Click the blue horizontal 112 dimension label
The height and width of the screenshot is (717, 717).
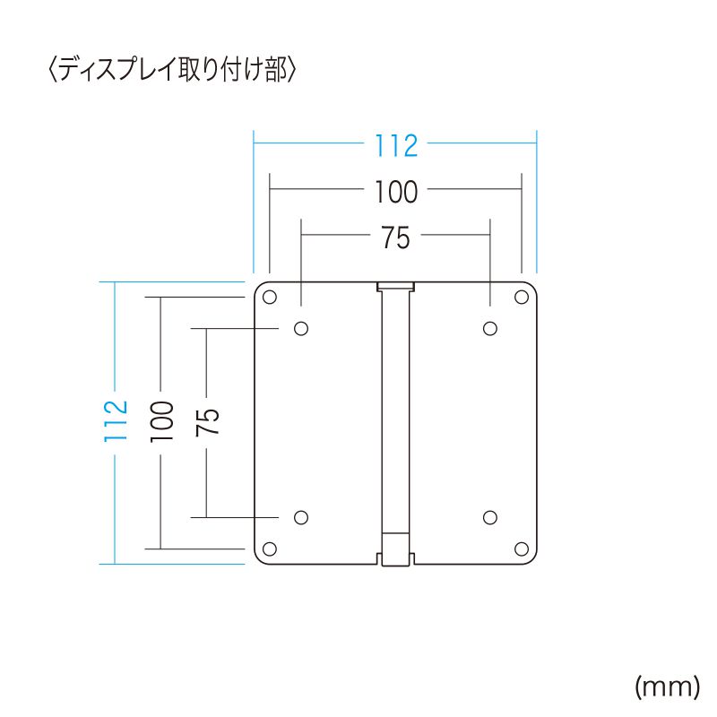396,145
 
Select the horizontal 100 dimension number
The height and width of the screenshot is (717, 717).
396,192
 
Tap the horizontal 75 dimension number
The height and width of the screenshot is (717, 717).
395,238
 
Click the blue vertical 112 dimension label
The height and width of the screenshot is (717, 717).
115,419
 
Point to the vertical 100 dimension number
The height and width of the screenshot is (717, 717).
160,419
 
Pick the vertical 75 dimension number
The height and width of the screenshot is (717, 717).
207,421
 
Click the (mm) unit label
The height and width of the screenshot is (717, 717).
666,687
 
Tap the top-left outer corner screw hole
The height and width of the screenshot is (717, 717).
270,298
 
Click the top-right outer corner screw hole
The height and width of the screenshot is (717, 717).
521,298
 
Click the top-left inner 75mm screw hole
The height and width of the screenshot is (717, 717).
301,328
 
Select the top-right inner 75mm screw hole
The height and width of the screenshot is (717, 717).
490,328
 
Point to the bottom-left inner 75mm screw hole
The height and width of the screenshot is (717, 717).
301,517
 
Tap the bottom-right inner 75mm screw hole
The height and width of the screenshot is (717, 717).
490,517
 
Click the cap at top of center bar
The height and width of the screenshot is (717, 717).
395,287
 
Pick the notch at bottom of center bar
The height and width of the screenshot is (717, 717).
395,557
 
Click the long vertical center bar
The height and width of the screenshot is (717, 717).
395,412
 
